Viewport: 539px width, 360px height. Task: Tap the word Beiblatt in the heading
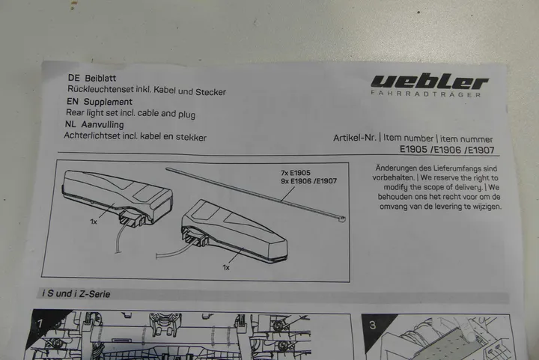point(100,79)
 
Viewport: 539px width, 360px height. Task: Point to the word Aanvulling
point(103,124)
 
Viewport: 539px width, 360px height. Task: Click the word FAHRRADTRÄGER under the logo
point(426,94)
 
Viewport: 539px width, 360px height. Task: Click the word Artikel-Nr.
point(354,138)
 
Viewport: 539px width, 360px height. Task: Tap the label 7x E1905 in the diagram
point(295,173)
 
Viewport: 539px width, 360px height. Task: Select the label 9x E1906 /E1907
point(308,181)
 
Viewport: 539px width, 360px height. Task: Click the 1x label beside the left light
point(94,222)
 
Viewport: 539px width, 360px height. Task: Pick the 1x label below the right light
point(226,267)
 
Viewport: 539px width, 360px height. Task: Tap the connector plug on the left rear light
point(130,220)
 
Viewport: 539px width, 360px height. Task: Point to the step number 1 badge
point(40,323)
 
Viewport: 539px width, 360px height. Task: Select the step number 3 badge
point(373,326)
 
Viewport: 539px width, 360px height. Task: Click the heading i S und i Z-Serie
point(76,294)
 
